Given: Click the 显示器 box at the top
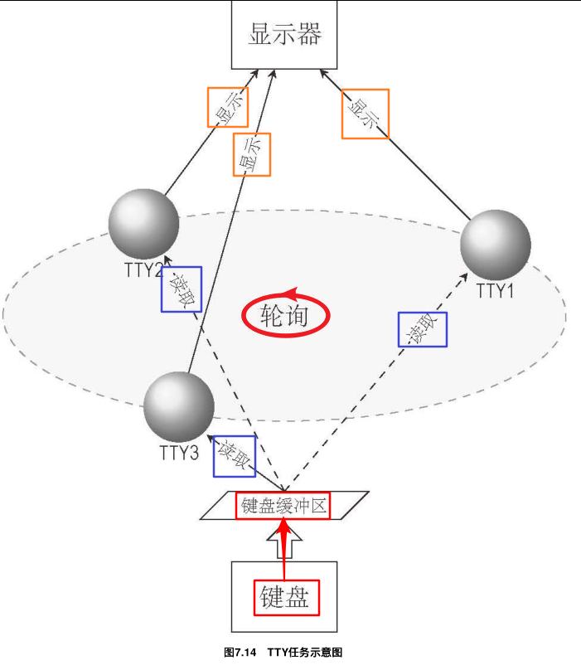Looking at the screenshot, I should [283, 36].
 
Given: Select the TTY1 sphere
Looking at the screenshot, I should [496, 245].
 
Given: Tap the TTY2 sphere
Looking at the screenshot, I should [143, 224].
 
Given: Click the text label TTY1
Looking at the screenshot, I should [496, 291].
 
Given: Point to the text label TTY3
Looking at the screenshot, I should [178, 453].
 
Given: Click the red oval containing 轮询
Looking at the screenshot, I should [286, 315].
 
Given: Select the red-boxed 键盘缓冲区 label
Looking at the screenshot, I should [283, 505].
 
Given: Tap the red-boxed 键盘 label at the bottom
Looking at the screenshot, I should [286, 598].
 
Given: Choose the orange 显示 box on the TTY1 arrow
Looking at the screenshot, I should [365, 114].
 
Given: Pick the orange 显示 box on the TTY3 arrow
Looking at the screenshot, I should [252, 154].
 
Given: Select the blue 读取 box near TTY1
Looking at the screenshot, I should [422, 329].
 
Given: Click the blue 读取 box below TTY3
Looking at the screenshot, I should [235, 455].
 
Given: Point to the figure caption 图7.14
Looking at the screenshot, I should [240, 653].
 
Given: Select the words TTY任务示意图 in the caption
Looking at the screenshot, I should [305, 653].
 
